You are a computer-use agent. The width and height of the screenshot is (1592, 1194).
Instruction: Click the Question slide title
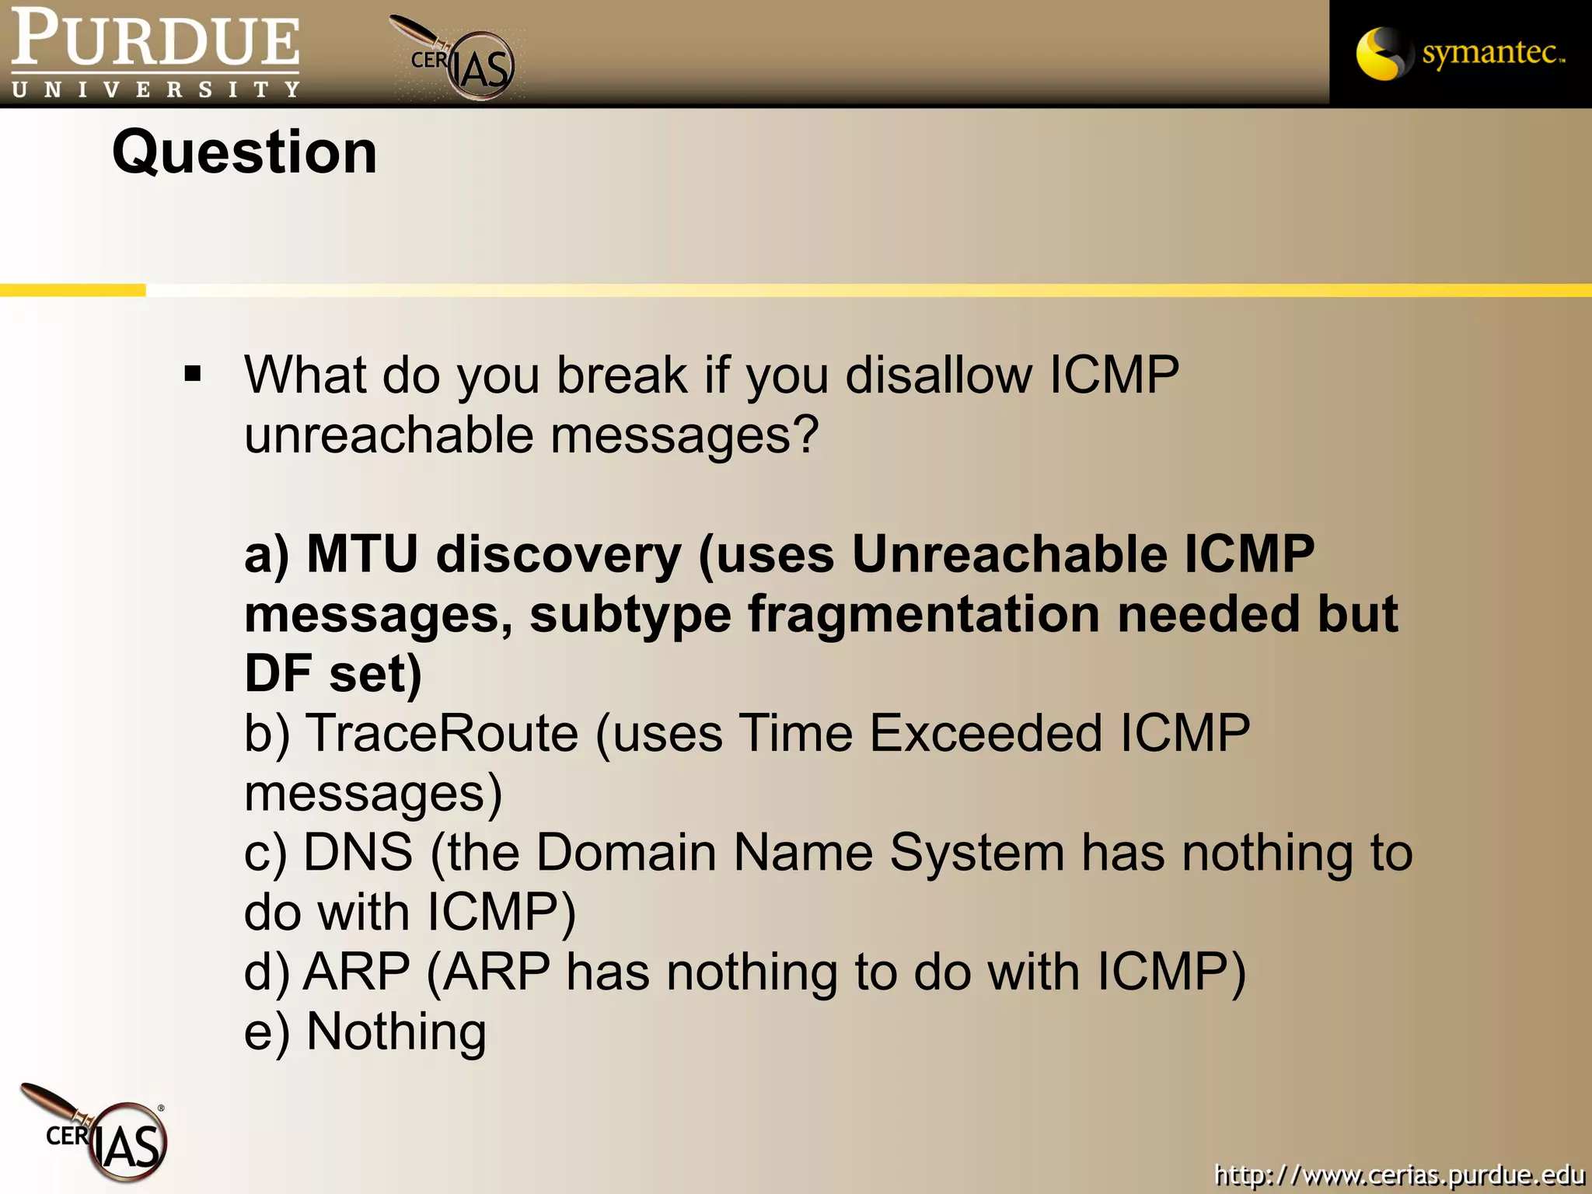pos(245,152)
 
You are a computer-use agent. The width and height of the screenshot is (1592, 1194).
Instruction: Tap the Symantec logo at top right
pos(1460,53)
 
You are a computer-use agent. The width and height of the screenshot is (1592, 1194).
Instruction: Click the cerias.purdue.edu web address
pos(1399,1174)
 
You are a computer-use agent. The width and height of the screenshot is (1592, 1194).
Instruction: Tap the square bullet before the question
pos(193,375)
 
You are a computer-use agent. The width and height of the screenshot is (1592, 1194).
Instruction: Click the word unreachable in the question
pos(389,435)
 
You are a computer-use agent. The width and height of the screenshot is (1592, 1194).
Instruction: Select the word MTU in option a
pos(362,555)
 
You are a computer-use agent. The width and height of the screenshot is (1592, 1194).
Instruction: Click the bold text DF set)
pos(333,673)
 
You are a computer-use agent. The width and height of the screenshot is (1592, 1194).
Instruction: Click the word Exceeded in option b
pos(986,734)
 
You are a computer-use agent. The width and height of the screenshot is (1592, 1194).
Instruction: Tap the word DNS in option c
pos(358,853)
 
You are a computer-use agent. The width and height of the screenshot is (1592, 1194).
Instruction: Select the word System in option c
pos(976,853)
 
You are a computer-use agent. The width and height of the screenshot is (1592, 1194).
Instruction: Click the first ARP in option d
pos(356,972)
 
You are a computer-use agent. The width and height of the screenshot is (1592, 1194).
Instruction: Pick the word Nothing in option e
pos(396,1032)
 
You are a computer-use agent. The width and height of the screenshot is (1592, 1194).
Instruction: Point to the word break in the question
pos(622,375)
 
